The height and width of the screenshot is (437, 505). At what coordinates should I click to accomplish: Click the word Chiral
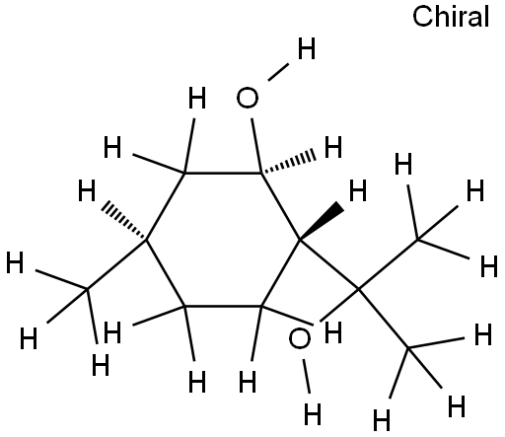coord(451,17)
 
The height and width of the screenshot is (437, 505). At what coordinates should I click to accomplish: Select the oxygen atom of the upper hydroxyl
coord(248,98)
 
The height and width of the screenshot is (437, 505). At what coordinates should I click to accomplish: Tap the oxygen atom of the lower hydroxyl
coord(299,339)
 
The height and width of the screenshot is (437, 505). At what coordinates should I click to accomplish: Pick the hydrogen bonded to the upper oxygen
coord(307,48)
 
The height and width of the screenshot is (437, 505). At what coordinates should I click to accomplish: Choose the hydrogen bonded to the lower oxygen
coord(312,414)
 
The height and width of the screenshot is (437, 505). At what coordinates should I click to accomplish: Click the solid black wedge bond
coord(322,223)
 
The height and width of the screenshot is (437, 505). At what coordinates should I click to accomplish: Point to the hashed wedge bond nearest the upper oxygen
coord(288,163)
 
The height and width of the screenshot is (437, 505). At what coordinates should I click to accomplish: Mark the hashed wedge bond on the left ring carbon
coord(123,221)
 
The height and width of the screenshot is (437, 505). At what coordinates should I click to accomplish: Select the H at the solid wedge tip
coord(357,190)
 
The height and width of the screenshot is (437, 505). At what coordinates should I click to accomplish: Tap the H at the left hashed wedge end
coord(87,190)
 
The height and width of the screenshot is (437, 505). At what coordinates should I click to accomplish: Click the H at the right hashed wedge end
coord(333,147)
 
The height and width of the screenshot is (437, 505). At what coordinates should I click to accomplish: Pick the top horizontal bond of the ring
coord(223,173)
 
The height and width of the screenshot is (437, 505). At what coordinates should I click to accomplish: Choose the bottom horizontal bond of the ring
coord(223,307)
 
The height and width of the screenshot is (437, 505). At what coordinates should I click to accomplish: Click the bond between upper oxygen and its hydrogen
coord(278,72)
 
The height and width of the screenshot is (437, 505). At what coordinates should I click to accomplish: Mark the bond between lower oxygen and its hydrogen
coord(306,376)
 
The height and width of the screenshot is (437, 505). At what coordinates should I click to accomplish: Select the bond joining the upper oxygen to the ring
coord(256,145)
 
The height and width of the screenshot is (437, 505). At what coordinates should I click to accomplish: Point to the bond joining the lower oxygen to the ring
coord(288,316)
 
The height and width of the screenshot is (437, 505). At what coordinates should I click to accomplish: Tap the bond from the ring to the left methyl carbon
coord(116,264)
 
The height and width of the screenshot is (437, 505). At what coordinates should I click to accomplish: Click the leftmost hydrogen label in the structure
coord(15,262)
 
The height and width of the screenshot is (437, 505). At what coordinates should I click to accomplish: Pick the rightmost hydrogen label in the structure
coord(489,265)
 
